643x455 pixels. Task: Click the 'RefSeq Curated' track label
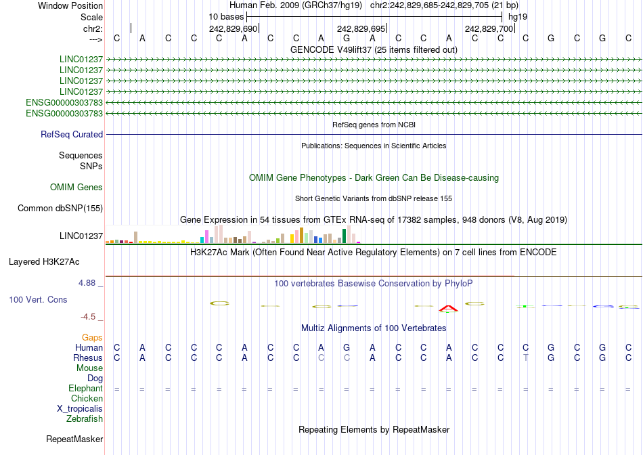72,134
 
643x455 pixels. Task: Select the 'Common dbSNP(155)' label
60,209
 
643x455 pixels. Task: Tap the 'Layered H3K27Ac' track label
44,261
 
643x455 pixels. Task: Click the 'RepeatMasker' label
74,439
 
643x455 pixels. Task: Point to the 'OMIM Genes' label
76,188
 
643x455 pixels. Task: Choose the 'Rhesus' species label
88,358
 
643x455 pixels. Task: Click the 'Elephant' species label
85,389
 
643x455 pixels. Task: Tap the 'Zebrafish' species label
85,419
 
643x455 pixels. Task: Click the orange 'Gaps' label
92,337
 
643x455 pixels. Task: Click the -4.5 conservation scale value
92,316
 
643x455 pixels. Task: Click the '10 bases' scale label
226,16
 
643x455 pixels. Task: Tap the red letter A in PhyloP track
448,309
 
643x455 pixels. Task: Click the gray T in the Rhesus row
526,357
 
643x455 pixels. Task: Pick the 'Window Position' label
70,5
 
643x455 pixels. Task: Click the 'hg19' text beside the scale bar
518,16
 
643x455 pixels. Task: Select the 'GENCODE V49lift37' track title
374,49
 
